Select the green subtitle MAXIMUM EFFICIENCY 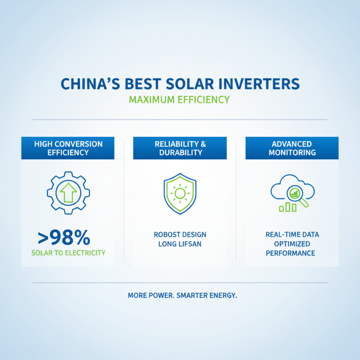click(x=180, y=99)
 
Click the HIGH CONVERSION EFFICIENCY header click(x=68, y=148)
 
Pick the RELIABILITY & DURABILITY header click(x=180, y=148)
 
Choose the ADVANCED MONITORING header click(x=292, y=148)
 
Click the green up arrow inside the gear click(x=68, y=192)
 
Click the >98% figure click(x=64, y=237)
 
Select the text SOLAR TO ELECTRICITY click(x=68, y=252)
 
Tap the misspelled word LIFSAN click(x=189, y=244)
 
